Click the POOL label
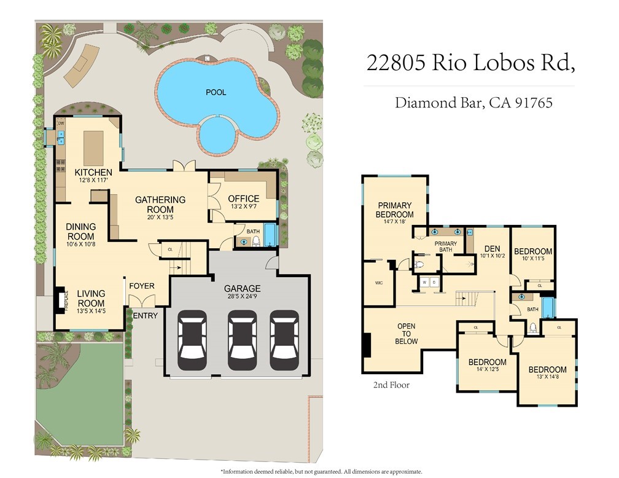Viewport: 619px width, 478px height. pos(216,93)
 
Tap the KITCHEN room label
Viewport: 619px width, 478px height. pos(93,172)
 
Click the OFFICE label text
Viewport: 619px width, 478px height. pos(244,198)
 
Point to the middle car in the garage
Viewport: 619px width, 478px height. pos(241,339)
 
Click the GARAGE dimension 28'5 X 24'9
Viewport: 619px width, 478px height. pos(241,298)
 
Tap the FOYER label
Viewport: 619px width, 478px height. pos(141,286)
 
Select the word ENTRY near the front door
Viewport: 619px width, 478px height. pos(146,316)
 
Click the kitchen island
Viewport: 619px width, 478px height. pos(94,147)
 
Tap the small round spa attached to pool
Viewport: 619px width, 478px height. pos(218,134)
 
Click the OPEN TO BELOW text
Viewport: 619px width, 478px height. pos(407,334)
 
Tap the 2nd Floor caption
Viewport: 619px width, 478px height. pos(391,385)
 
